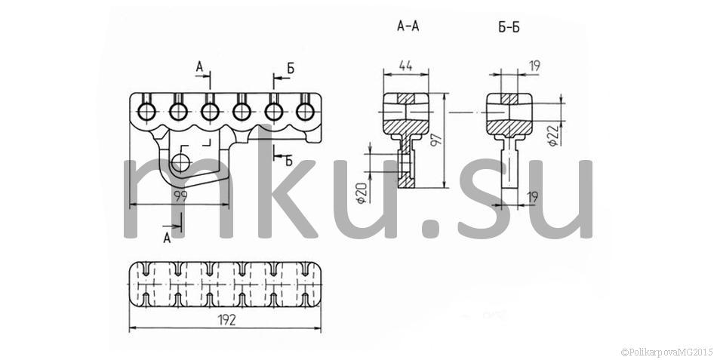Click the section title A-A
click(408, 26)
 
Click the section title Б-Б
click(509, 27)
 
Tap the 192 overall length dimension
click(226, 320)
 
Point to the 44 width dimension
click(405, 66)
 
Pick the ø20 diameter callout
click(362, 192)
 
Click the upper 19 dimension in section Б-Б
click(534, 66)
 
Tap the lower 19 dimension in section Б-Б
click(532, 197)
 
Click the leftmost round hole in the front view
click(146, 111)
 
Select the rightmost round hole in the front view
click(305, 111)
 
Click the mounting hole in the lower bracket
click(180, 162)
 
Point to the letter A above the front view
click(199, 66)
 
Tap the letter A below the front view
click(168, 238)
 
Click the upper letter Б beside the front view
click(291, 69)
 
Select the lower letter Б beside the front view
click(288, 161)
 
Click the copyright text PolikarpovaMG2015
click(667, 352)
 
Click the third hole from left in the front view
click(210, 111)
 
